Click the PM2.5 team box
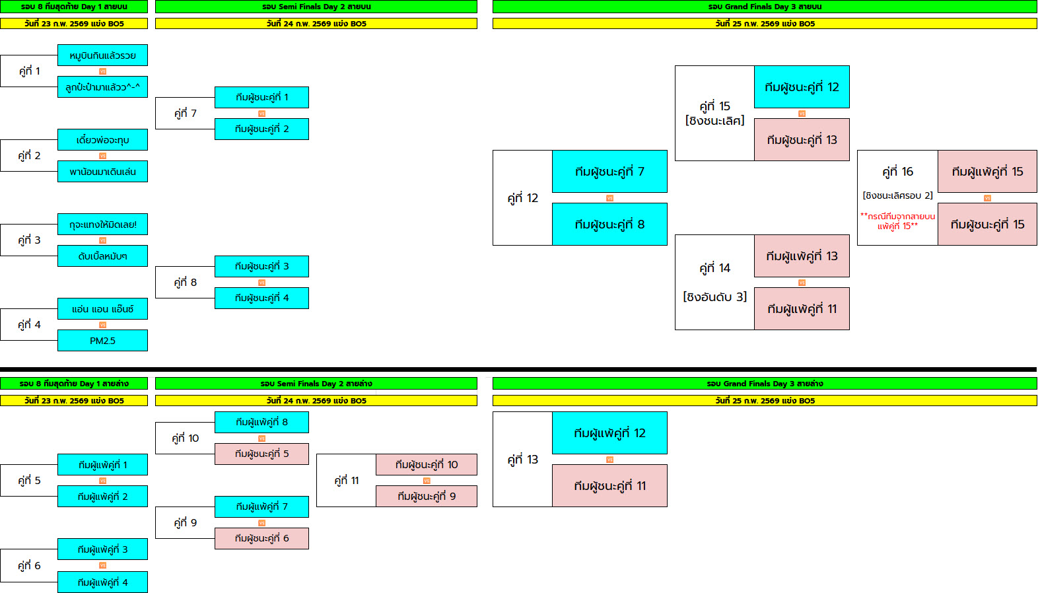[102, 341]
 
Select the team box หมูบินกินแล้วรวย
[102, 55]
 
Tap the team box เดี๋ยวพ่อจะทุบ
[102, 140]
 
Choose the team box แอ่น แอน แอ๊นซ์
[102, 309]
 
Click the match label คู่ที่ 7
[185, 114]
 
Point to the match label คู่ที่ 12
[522, 198]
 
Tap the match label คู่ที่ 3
[29, 240]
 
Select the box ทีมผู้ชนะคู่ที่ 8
[609, 225]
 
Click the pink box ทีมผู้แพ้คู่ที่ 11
[802, 309]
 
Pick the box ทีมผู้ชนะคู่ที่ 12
[802, 87]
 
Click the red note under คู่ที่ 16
[897, 221]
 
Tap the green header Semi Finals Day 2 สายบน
[316, 7]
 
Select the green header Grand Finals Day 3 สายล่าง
[765, 384]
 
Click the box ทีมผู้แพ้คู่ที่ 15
[987, 172]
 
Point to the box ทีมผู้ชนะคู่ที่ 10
[427, 465]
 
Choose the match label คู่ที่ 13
[522, 460]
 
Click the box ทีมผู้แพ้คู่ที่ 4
[102, 582]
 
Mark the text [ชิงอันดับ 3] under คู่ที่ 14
[714, 297]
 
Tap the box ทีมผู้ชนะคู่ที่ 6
[261, 539]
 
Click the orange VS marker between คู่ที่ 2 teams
[102, 156]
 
